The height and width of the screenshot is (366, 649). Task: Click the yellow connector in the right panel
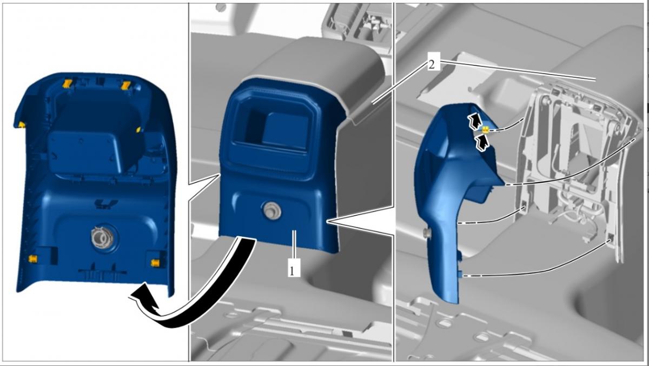coord(485,129)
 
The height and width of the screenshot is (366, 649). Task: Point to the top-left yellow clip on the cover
coord(67,84)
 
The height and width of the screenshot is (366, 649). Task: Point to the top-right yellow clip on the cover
coord(126,85)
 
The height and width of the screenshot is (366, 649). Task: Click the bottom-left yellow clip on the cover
coord(32,258)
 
